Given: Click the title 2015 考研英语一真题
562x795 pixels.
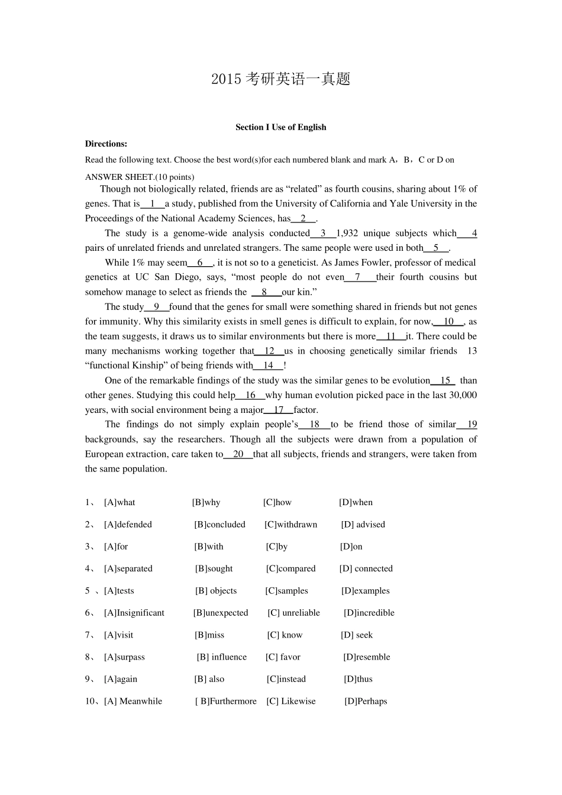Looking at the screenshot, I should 280,79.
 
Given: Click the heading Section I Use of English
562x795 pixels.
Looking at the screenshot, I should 280,127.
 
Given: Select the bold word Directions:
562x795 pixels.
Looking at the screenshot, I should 106,144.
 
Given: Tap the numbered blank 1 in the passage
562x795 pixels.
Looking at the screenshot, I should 153,203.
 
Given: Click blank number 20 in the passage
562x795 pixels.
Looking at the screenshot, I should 238,454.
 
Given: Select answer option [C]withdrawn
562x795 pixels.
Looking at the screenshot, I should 290,525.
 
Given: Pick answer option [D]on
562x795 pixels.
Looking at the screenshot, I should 351,547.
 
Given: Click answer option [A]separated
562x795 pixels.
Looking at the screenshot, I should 128,568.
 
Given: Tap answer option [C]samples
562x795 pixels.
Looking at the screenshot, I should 286,591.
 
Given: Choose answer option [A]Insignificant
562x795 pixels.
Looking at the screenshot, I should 134,613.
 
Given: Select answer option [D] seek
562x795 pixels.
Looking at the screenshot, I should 357,635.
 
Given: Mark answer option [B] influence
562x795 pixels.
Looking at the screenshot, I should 222,657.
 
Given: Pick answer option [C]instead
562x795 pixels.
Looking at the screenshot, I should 286,679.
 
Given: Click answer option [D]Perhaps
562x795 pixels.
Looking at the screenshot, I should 366,702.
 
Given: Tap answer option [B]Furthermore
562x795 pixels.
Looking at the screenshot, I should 226,702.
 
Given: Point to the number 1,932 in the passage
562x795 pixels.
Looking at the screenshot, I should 347,233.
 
